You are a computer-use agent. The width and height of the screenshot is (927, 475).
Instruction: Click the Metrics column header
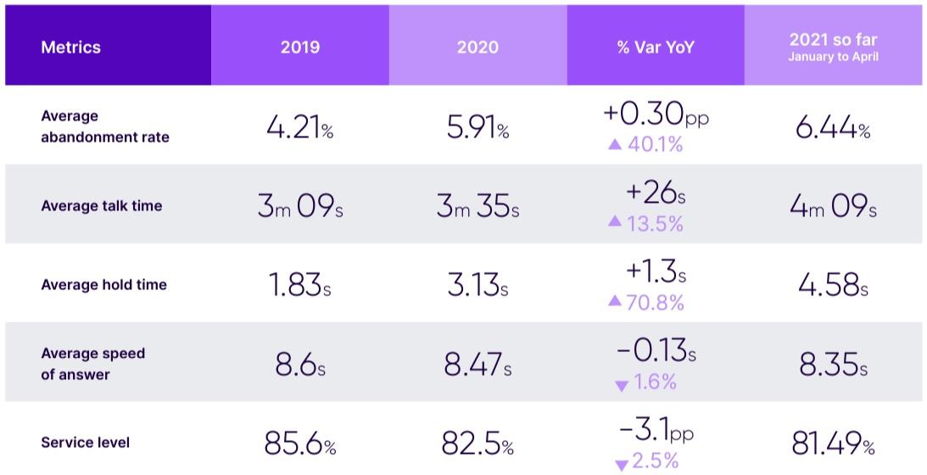tap(70, 47)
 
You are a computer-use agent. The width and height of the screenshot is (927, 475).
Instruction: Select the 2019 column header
tap(300, 47)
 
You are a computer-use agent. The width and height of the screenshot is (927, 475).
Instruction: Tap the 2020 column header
tap(477, 47)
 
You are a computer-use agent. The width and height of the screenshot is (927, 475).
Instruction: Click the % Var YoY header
tap(656, 47)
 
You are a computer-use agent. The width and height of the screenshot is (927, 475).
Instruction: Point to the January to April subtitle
tap(833, 58)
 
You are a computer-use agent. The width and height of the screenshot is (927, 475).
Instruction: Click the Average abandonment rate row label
tap(105, 126)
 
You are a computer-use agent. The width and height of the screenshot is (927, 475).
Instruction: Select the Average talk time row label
tap(102, 205)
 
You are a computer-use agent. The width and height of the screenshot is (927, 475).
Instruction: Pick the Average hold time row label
tap(103, 285)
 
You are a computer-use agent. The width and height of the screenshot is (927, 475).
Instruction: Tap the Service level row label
tap(86, 443)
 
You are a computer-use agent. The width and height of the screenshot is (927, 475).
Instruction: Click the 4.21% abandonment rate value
tap(299, 128)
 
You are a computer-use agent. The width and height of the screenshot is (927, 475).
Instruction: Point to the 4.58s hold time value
tap(833, 286)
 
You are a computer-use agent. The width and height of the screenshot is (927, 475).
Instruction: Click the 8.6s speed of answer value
tap(299, 365)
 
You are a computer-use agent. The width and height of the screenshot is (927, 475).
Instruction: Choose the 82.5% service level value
tap(477, 444)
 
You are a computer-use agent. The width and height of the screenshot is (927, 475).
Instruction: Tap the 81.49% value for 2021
tap(833, 444)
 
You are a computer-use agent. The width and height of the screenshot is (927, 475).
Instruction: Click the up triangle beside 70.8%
tap(615, 302)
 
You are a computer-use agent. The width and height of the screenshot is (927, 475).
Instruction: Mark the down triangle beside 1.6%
tap(622, 386)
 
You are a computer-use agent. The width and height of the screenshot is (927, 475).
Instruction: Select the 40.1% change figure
tap(655, 144)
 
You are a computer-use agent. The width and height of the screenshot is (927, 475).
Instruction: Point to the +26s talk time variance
tap(656, 194)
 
